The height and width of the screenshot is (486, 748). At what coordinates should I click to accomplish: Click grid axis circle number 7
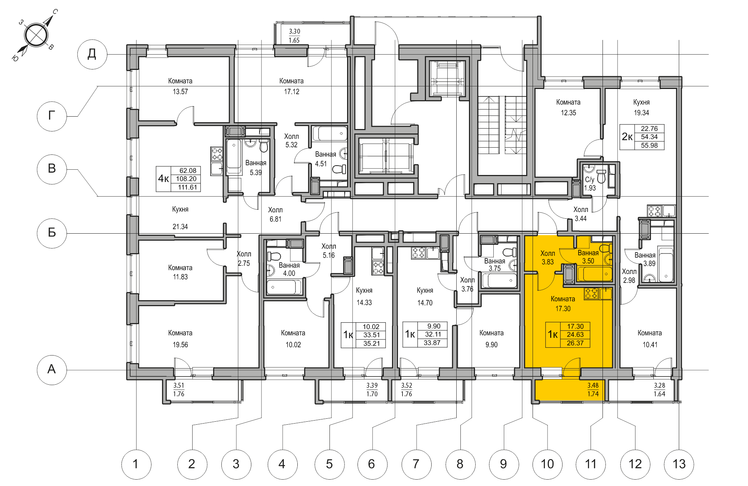(416, 464)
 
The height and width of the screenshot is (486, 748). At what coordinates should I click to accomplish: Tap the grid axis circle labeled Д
(92, 54)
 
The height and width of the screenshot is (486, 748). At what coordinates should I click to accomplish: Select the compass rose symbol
(36, 35)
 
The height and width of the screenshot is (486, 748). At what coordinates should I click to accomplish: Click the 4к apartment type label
(163, 179)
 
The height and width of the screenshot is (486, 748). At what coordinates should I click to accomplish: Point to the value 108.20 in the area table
(186, 179)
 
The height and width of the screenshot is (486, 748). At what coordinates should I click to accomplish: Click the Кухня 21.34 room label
(180, 218)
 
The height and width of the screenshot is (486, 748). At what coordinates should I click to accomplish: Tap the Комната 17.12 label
(291, 86)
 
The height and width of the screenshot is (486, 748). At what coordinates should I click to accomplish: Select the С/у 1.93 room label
(590, 184)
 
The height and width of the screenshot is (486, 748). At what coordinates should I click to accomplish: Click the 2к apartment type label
(627, 137)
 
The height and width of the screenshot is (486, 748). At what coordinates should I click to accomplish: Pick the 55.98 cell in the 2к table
(649, 145)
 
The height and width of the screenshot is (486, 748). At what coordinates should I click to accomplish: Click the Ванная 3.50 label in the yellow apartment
(588, 257)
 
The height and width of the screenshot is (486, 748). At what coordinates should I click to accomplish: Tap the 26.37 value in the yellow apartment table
(575, 343)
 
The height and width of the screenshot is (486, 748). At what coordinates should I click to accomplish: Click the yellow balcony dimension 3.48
(593, 385)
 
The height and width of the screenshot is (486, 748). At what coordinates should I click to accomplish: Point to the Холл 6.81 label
(275, 215)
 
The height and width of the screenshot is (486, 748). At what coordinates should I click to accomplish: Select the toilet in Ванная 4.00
(274, 256)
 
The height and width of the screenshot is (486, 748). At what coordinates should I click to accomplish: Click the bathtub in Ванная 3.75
(499, 280)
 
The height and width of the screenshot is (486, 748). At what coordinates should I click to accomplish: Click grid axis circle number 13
(679, 464)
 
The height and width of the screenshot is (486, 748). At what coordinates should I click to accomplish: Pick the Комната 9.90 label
(491, 339)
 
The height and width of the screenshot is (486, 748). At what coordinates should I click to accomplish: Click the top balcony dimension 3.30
(294, 31)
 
